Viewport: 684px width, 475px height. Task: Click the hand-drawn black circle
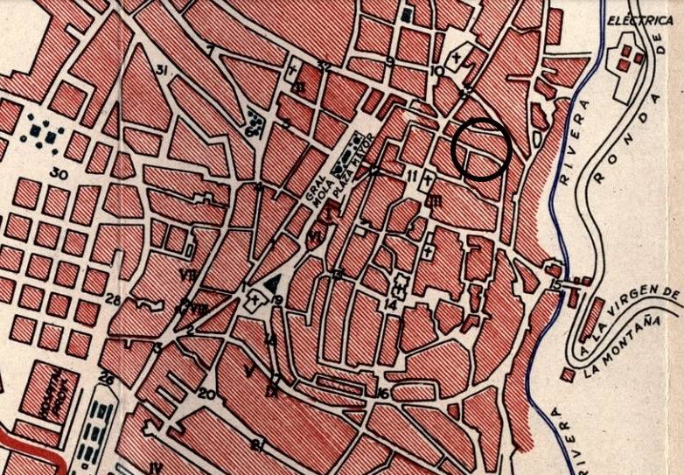(481, 149)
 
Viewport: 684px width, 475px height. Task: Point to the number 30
(59, 173)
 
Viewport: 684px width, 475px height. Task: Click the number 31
(160, 69)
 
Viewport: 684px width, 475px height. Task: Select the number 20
(206, 394)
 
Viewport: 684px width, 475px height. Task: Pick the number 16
(382, 393)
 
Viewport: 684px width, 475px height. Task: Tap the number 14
(390, 304)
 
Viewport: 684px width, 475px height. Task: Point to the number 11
(411, 176)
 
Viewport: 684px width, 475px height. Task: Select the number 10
(436, 70)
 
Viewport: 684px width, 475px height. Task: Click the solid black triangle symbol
(275, 282)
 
